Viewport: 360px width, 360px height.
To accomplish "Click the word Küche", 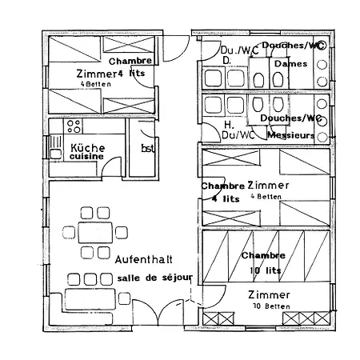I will click(87, 148).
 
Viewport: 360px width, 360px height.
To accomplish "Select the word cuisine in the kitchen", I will click(87, 158).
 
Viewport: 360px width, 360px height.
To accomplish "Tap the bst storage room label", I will click(148, 149).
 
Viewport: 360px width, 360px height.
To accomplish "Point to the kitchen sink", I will click(56, 149).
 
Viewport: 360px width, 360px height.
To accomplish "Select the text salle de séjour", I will click(154, 277).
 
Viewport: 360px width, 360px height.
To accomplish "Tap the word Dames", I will click(288, 63).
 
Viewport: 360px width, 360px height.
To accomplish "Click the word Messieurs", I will click(289, 136).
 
